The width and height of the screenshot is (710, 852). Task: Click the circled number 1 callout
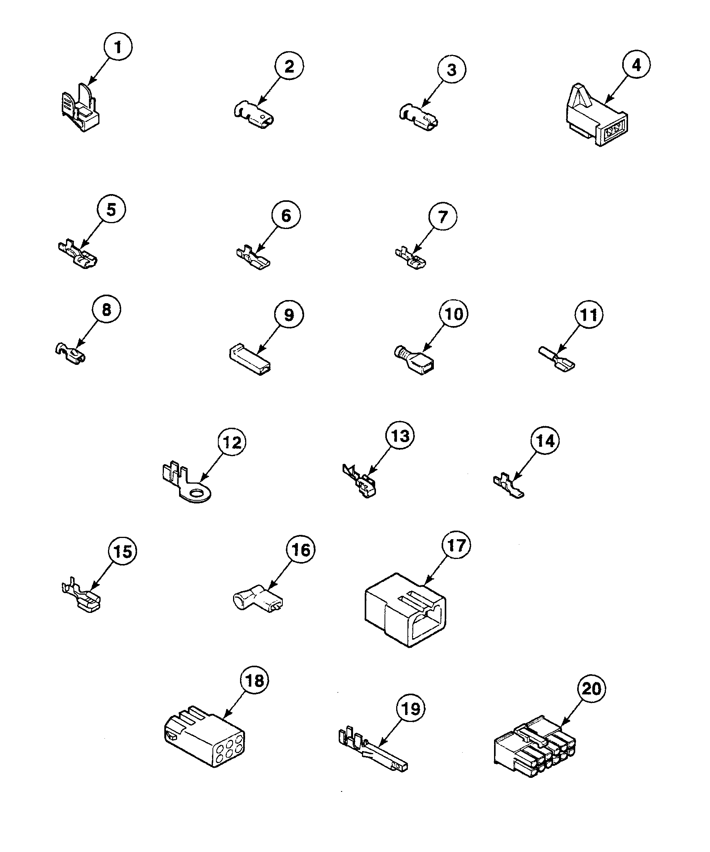[118, 47]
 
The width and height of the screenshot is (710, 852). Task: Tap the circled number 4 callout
[636, 65]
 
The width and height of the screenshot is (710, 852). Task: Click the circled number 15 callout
[122, 551]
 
